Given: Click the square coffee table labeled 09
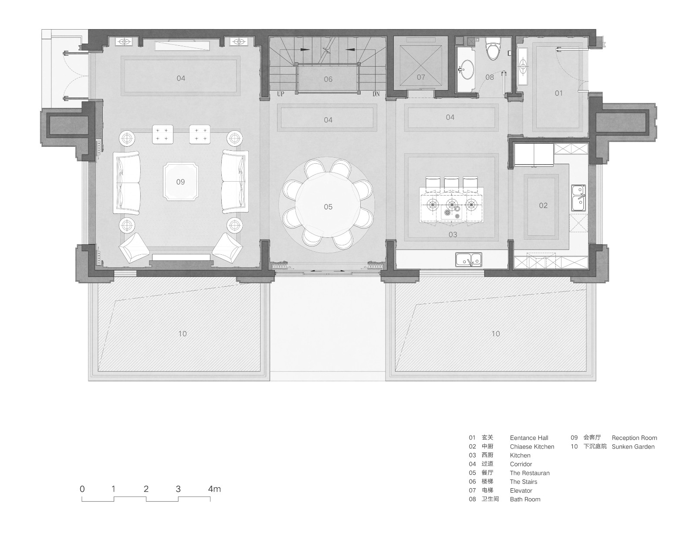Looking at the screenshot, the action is (x=180, y=182).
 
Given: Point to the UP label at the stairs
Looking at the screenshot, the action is (x=281, y=94).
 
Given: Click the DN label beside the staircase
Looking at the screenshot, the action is (x=376, y=94).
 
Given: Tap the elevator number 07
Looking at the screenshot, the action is (x=421, y=77).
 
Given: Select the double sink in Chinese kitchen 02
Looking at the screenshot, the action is (x=579, y=198).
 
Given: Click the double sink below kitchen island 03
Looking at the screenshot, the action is (x=469, y=260).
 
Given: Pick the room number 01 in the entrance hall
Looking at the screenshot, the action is (x=559, y=93).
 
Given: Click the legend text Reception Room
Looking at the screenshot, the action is (x=634, y=438).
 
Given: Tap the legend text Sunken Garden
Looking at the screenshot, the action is (x=633, y=446).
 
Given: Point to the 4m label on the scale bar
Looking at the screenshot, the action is (x=214, y=489).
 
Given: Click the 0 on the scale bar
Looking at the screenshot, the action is (x=82, y=489).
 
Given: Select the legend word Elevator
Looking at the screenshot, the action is (x=521, y=490).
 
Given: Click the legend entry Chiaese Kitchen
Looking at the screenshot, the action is (x=532, y=446).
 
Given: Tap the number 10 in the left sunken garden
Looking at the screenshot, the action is (x=183, y=334).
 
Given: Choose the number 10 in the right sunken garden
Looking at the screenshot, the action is (x=496, y=334).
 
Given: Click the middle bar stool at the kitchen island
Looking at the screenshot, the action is (x=451, y=183).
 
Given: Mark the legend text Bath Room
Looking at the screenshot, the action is (x=525, y=499).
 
